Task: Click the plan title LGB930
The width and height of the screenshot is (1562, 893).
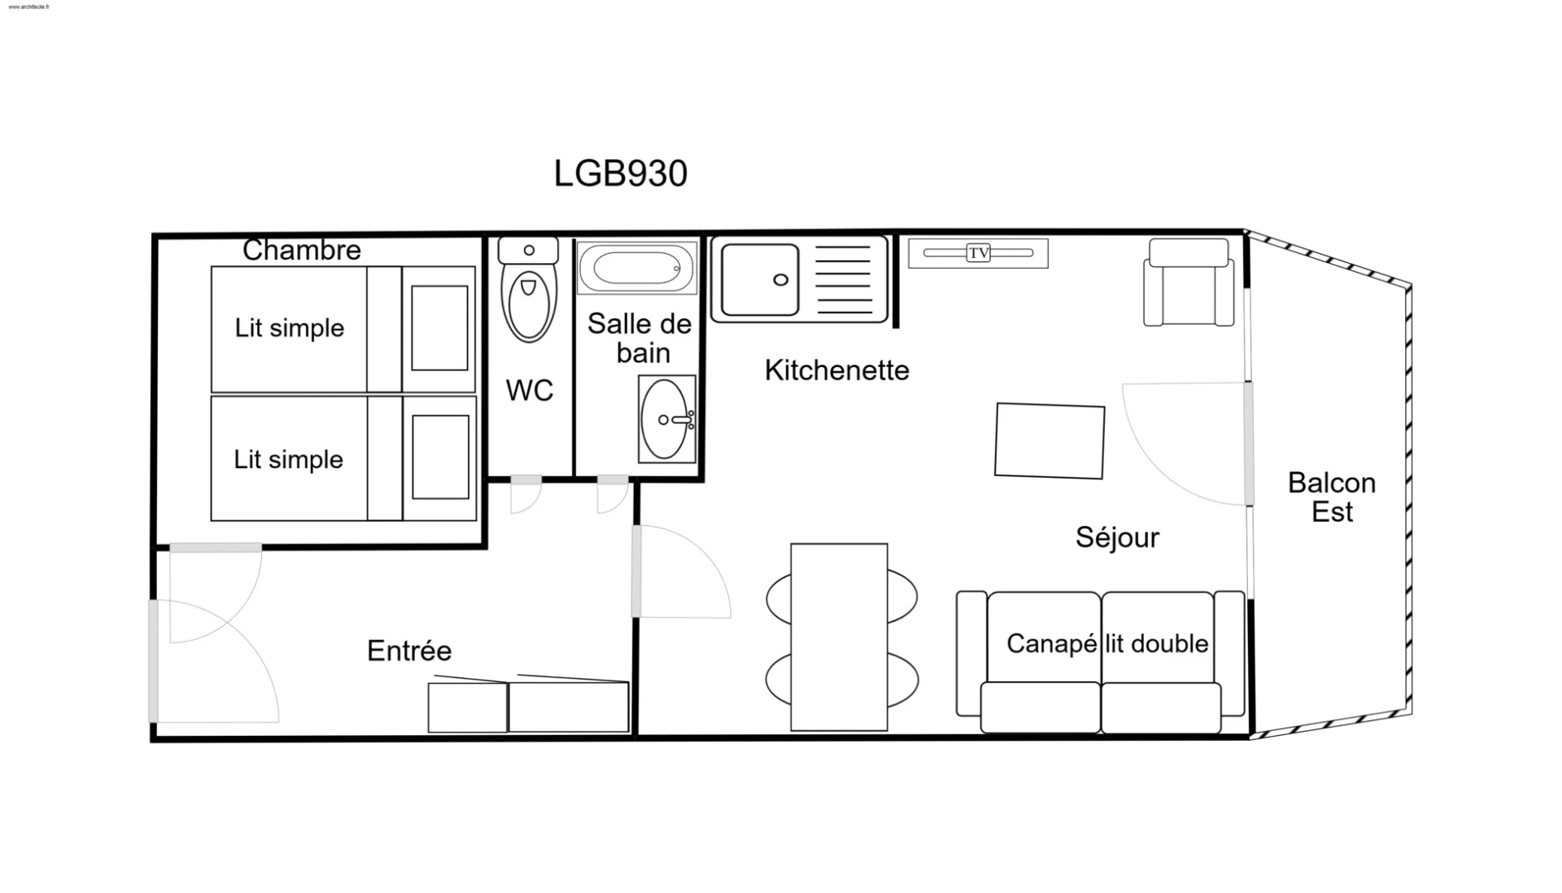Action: (x=621, y=174)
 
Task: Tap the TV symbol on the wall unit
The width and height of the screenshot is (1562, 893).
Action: (x=979, y=253)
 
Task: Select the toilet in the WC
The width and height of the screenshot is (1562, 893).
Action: (x=529, y=289)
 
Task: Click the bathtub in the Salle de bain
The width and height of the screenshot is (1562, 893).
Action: (x=636, y=268)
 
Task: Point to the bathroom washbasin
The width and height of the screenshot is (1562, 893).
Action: (x=667, y=419)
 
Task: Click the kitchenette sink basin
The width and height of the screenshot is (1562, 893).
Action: (x=760, y=279)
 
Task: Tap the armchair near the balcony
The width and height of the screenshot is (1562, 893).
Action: (x=1188, y=283)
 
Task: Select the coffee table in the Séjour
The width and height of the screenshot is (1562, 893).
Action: (x=1050, y=441)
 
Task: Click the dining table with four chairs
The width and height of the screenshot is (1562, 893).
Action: (x=840, y=637)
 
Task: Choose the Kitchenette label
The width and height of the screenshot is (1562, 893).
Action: (x=836, y=370)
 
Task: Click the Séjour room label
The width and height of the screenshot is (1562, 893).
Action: (x=1117, y=537)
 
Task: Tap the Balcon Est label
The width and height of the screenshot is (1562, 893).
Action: (x=1332, y=497)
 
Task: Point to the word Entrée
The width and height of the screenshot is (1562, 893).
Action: (x=409, y=651)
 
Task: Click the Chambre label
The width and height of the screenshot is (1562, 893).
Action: (x=302, y=250)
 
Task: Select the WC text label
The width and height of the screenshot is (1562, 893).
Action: (x=529, y=390)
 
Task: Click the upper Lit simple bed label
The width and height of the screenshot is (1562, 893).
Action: (x=289, y=328)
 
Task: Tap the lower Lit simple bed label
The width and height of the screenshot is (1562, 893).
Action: (x=288, y=459)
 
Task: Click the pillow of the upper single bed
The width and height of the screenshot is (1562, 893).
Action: (x=440, y=328)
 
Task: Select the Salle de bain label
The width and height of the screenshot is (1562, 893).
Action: (x=640, y=338)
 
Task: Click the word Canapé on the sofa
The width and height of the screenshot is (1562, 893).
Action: (x=1052, y=644)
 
